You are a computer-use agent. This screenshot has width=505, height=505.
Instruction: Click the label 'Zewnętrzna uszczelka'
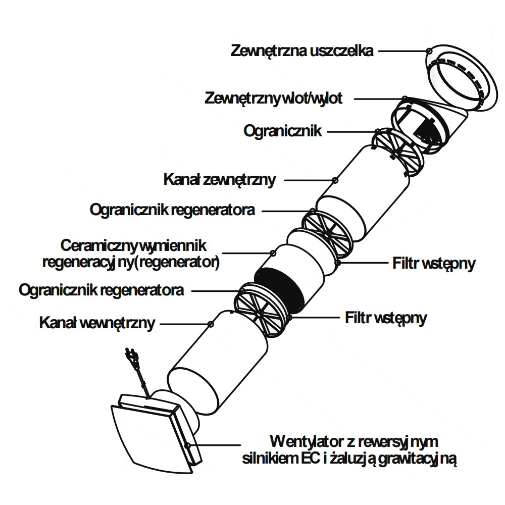(x=302, y=51)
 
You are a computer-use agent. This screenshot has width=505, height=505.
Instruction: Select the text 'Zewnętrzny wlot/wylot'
(x=274, y=98)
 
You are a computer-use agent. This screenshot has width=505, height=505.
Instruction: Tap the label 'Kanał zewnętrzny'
(x=220, y=179)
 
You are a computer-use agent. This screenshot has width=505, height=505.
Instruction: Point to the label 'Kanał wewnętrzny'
(x=97, y=323)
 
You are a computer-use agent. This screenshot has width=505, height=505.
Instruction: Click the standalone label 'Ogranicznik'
(x=283, y=131)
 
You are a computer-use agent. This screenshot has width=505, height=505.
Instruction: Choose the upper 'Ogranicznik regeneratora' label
(x=172, y=210)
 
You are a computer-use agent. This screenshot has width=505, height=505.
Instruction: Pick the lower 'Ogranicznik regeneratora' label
(x=101, y=290)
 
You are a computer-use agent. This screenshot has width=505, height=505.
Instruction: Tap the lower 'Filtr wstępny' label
(x=386, y=318)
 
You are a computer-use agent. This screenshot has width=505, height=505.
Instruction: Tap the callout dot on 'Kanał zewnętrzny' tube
(x=335, y=180)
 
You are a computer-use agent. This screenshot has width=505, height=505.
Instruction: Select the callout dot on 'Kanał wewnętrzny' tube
(x=211, y=323)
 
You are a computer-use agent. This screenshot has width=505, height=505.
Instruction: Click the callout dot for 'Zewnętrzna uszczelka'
(x=429, y=51)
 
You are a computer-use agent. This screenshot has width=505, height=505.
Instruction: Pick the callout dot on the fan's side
(x=188, y=445)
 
